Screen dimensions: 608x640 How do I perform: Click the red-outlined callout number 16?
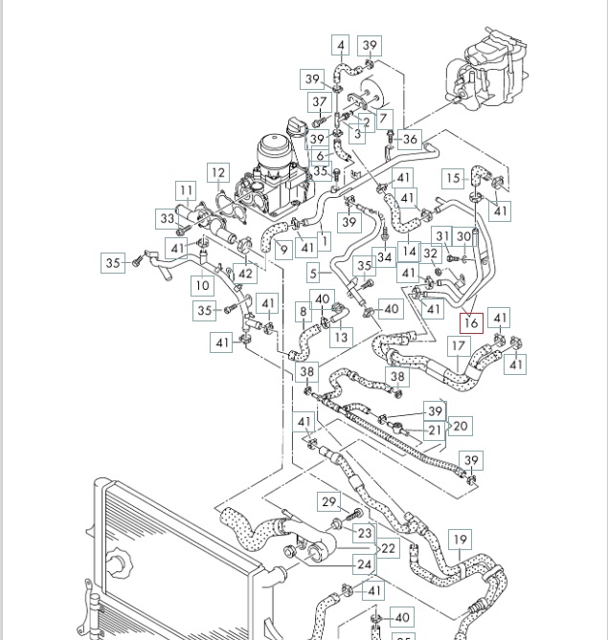(471, 322)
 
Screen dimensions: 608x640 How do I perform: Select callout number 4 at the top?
(340, 45)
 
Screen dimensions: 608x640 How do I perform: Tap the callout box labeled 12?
(218, 173)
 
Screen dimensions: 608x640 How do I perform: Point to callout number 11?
(187, 190)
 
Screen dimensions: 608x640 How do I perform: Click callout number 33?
(168, 219)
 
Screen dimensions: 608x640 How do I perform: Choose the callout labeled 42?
(245, 274)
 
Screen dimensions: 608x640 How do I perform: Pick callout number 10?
(202, 285)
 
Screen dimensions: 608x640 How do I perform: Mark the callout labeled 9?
(284, 249)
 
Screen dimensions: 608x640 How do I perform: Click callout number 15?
(453, 179)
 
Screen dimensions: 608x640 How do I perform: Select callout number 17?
(459, 346)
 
